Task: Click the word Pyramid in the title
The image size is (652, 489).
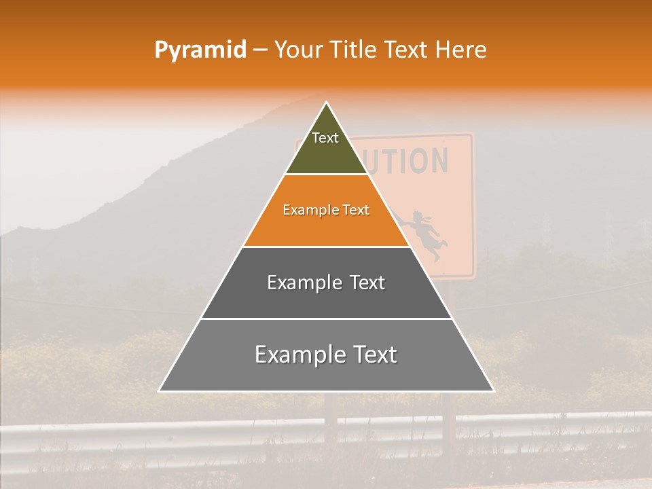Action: (x=200, y=50)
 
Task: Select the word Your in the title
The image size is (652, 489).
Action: (x=300, y=50)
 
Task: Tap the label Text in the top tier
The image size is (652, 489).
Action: (x=325, y=139)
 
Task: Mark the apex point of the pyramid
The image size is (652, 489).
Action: (x=327, y=103)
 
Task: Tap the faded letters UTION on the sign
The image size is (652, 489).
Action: (x=414, y=161)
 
